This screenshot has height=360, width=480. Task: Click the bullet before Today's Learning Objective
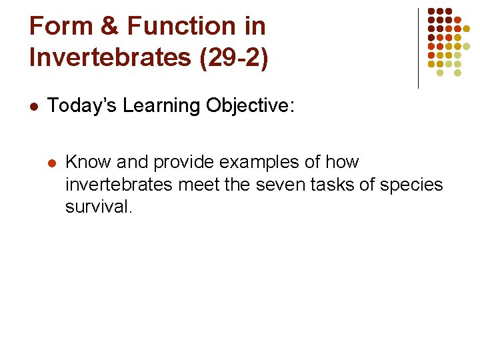coord(35,106)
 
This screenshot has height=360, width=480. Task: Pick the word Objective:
coord(249,105)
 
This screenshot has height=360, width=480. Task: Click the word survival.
coord(99,207)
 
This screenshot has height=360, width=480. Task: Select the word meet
coord(201,185)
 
